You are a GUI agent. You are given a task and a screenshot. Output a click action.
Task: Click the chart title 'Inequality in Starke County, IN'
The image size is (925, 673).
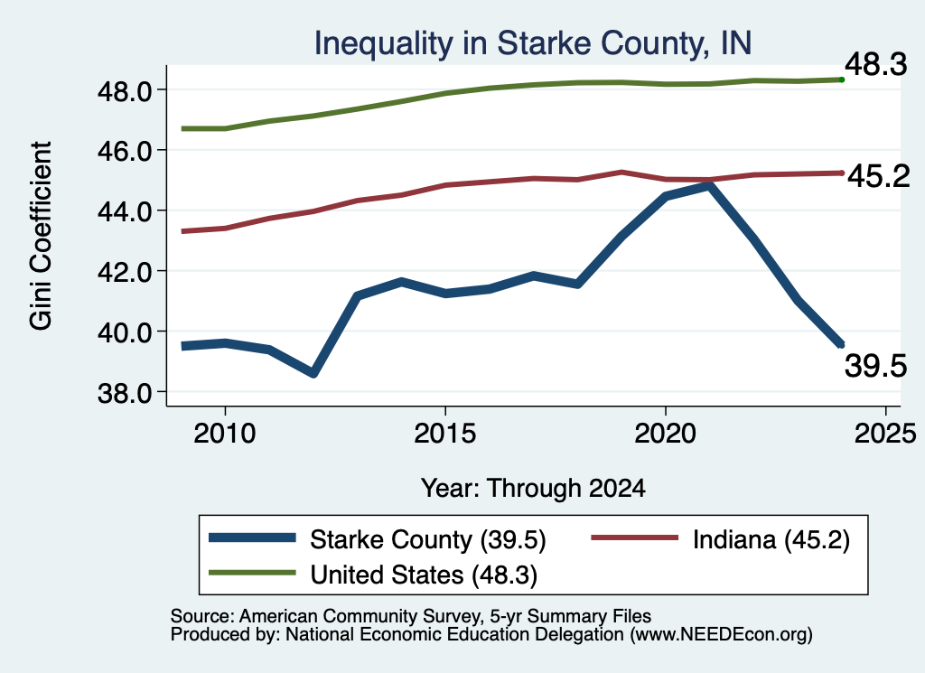[533, 43]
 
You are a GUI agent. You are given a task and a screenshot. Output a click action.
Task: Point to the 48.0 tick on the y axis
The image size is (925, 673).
[125, 91]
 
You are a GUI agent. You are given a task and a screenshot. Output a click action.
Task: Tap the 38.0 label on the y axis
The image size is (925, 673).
[125, 393]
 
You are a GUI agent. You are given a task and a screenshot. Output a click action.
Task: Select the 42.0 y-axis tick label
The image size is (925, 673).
[125, 272]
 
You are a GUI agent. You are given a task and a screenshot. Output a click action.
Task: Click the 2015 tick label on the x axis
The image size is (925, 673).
[444, 434]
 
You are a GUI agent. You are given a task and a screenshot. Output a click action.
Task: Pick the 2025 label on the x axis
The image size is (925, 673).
[885, 434]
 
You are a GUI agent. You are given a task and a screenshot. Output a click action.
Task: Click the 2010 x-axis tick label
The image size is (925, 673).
[225, 434]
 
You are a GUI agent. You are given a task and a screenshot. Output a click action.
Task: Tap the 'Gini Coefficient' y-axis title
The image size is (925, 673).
[42, 236]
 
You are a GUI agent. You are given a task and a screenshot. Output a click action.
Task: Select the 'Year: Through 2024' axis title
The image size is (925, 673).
[533, 489]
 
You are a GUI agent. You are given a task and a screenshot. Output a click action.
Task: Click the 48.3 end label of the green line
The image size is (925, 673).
[876, 64]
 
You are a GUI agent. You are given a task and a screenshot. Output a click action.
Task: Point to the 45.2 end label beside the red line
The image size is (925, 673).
[879, 176]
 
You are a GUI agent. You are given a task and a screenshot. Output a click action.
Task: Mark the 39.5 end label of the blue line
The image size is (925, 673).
[876, 366]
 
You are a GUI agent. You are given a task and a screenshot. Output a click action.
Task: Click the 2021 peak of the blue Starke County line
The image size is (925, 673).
[708, 186]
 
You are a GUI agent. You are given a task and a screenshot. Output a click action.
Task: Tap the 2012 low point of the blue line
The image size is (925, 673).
[313, 373]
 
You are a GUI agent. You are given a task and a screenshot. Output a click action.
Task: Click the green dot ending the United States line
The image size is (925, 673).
[842, 79]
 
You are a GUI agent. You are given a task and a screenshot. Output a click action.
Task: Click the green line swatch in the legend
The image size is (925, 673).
[253, 572]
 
